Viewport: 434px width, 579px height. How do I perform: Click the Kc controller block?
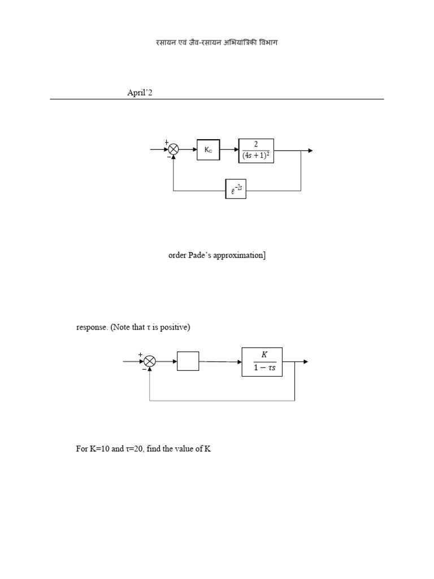[208, 150]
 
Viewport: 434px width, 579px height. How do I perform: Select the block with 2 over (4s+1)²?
[256, 150]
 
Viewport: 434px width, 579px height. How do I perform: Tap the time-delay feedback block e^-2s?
[236, 190]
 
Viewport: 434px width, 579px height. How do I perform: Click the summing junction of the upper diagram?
[173, 150]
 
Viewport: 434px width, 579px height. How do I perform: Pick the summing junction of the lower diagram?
[149, 361]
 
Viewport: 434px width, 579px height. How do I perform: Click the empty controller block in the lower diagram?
[188, 361]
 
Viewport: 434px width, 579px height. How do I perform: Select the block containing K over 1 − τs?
[262, 362]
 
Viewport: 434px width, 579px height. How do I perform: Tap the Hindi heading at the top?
[216, 42]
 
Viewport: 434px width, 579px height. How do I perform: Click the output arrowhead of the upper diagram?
[310, 150]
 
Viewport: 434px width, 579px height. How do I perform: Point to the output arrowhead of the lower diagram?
[306, 362]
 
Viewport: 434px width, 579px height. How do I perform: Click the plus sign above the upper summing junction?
[167, 142]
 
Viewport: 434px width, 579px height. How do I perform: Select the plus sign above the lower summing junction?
[141, 355]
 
